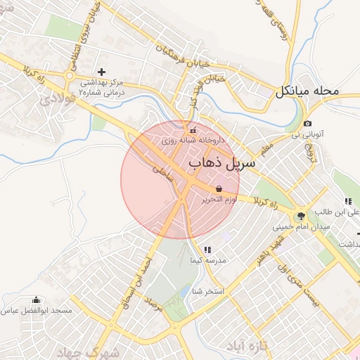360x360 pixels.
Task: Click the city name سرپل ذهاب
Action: pyautogui.click(x=221, y=163)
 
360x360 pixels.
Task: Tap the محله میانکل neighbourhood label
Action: pyautogui.click(x=308, y=91)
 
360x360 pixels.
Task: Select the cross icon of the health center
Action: pyautogui.click(x=102, y=72)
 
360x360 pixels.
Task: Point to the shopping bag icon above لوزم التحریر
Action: pyautogui.click(x=219, y=189)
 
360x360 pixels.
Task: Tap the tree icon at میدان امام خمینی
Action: pyautogui.click(x=302, y=216)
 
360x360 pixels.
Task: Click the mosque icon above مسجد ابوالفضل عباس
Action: pyautogui.click(x=37, y=300)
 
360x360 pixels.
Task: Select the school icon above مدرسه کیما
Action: pyautogui.click(x=207, y=250)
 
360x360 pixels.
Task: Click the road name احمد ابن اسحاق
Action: pyautogui.click(x=138, y=271)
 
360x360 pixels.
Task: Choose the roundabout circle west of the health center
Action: pyautogui.click(x=70, y=75)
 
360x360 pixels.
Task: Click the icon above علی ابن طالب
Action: pyautogui.click(x=348, y=201)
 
